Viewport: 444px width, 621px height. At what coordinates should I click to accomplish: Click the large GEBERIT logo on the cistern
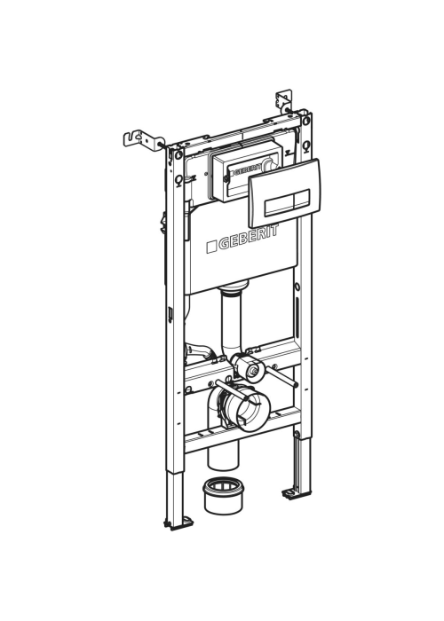(242, 239)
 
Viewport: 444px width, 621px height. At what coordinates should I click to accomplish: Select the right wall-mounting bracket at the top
(284, 100)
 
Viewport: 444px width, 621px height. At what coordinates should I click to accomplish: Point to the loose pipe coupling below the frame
(223, 496)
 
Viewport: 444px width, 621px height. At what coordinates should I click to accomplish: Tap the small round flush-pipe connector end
(251, 371)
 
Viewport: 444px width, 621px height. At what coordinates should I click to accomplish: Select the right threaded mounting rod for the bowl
(282, 376)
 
